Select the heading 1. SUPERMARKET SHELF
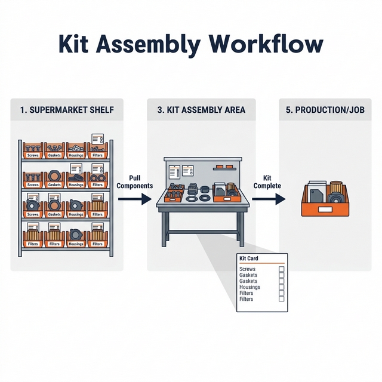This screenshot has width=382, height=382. coord(67,110)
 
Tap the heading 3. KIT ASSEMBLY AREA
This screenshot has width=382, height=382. coord(201,110)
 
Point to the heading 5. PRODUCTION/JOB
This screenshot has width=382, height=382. coord(326,110)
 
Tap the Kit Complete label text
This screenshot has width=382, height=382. coord(267,182)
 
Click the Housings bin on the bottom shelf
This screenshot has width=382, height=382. coord(76,239)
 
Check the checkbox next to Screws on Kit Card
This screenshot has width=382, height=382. coord(282,270)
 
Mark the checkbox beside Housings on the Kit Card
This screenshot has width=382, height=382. coord(282,287)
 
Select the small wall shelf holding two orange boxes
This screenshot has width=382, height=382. coord(225,168)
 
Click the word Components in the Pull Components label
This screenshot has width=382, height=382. coord(134,186)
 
